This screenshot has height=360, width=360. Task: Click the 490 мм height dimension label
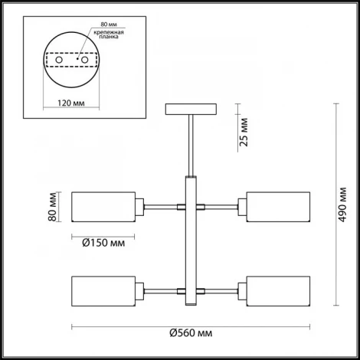[343, 205]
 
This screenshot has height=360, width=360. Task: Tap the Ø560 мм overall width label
[191, 333]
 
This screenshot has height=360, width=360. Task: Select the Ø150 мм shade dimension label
[103, 243]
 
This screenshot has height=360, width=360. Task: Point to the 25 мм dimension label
[244, 132]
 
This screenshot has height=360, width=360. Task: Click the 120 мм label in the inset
[71, 103]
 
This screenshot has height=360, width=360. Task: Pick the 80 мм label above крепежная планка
[109, 25]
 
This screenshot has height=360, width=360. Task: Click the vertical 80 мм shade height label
[52, 207]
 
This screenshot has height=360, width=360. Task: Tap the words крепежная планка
[109, 34]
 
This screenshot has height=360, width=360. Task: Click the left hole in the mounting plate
[59, 60]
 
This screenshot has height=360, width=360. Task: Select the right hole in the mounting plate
[84, 60]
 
